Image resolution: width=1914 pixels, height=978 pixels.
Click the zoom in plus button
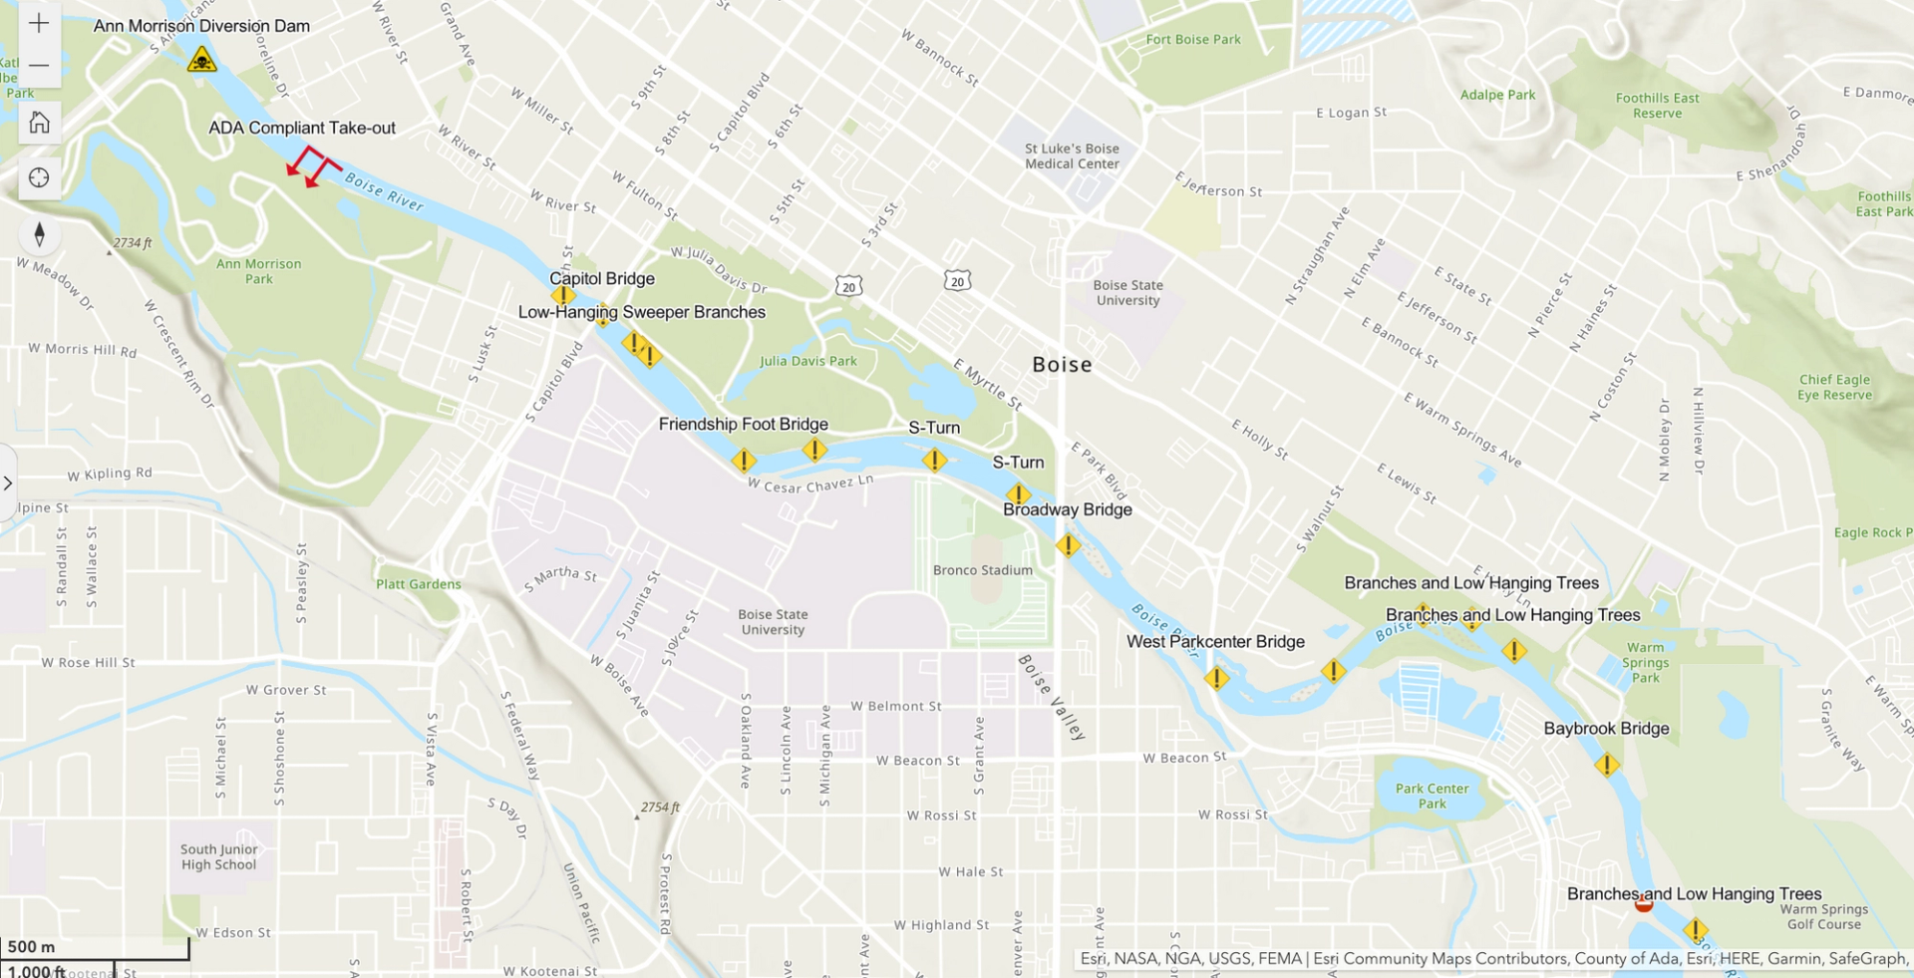click(x=39, y=23)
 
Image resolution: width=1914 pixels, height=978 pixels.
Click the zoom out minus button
click(x=39, y=66)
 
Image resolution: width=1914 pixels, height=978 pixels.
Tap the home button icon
click(x=39, y=123)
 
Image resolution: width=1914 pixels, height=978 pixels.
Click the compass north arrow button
click(x=39, y=234)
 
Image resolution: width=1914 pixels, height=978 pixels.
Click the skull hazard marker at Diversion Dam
click(x=202, y=60)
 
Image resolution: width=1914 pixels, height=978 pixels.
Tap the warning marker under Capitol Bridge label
click(x=563, y=295)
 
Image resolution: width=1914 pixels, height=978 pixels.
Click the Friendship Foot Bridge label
click(x=743, y=424)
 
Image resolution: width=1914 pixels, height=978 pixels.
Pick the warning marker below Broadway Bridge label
click(x=1068, y=545)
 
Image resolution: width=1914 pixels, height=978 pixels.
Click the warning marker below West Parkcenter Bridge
click(x=1216, y=679)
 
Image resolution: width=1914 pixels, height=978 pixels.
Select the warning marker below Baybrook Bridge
click(x=1606, y=766)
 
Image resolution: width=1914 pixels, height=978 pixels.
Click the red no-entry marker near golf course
click(x=1644, y=904)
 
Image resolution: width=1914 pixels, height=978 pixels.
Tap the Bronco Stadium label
click(x=982, y=570)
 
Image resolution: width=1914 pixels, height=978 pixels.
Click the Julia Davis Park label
click(x=807, y=361)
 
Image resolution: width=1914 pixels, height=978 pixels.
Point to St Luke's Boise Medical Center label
click(x=1072, y=157)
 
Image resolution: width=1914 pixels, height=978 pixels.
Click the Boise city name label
click(x=1062, y=365)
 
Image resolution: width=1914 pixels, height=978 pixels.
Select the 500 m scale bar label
click(x=32, y=946)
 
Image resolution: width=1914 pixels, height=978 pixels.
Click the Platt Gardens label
click(x=418, y=584)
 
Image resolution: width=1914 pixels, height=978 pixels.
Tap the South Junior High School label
click(x=219, y=857)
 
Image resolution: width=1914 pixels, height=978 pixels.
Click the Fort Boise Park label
click(x=1193, y=40)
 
